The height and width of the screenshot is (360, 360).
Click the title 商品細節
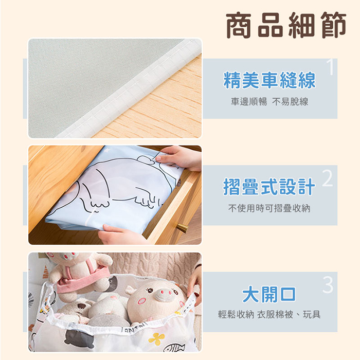pyautogui.click(x=286, y=25)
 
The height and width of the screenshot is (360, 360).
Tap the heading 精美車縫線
pyautogui.click(x=269, y=80)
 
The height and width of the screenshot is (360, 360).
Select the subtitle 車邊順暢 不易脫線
pyautogui.click(x=269, y=102)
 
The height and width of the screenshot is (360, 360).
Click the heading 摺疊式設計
pyautogui.click(x=269, y=187)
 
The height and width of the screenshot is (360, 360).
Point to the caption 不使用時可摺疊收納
pyautogui.click(x=269, y=208)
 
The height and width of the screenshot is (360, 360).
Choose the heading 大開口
pyautogui.click(x=269, y=295)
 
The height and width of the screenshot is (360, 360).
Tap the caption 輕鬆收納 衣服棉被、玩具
pyautogui.click(x=269, y=315)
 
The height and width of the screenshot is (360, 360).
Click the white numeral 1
pyautogui.click(x=330, y=67)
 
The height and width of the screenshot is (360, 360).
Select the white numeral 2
pyautogui.click(x=328, y=178)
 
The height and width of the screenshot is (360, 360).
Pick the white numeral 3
pyautogui.click(x=328, y=285)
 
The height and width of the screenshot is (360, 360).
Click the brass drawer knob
pyautogui.click(x=182, y=228)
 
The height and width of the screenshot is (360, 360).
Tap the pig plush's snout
pyautogui.click(x=165, y=294)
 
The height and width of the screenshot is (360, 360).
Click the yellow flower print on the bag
pyautogui.click(x=156, y=339)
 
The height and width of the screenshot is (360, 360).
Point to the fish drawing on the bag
pyautogui.click(x=174, y=348)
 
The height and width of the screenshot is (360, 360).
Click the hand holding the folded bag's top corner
pyautogui.click(x=179, y=158)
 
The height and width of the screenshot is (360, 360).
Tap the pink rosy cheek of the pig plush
pyautogui.click(x=142, y=301)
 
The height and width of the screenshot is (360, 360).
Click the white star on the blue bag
pyautogui.click(x=106, y=151)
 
